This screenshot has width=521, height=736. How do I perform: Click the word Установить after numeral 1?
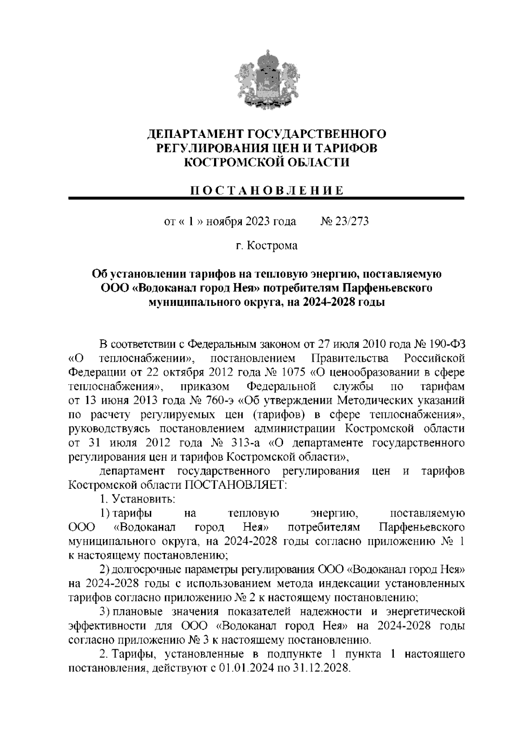point(143,499)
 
